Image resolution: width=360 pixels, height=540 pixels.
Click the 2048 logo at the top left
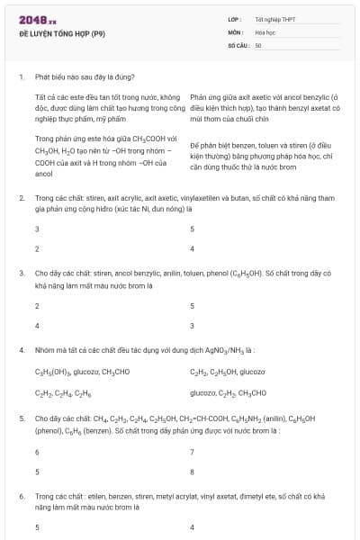36,18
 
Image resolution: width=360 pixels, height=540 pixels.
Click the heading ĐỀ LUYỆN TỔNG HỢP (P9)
62,32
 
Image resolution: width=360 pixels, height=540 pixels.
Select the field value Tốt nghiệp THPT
274,19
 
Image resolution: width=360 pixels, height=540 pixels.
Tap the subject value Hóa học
265,31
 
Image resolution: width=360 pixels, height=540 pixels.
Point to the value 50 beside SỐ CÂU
258,44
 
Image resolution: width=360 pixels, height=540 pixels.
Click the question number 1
21,76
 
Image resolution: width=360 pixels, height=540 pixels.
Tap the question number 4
21,348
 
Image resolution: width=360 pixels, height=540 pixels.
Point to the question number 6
21,496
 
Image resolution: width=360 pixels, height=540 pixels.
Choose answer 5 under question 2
193,229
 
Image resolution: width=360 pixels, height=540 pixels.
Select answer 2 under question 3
37,306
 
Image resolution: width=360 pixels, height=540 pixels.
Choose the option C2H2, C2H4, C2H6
63,392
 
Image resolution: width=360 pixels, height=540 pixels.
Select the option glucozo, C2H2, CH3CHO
228,392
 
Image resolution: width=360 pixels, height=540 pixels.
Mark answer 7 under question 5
193,450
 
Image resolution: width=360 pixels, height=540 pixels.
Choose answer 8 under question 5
193,471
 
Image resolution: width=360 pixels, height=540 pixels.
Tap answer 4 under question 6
193,526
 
